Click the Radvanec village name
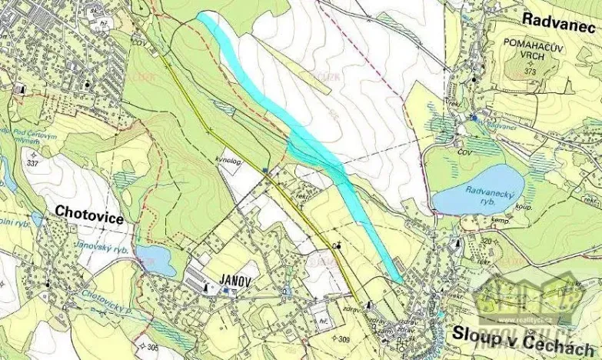(559, 18)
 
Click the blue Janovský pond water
(156, 259)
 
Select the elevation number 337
(32, 163)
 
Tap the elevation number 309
(345, 338)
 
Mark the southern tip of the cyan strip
(399, 279)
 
